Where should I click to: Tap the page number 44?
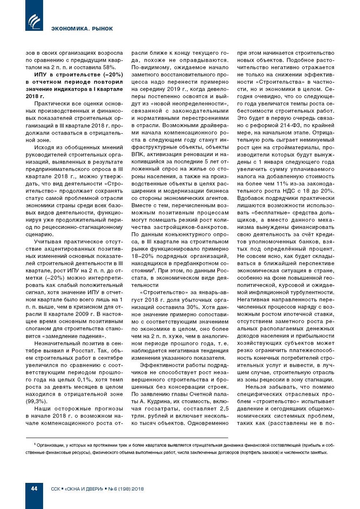34,488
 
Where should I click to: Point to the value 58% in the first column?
109,67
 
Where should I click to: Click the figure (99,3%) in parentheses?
36,401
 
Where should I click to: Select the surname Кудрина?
153,401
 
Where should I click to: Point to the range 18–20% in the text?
144,256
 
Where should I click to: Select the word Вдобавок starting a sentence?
250,198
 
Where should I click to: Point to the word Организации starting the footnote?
52,445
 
